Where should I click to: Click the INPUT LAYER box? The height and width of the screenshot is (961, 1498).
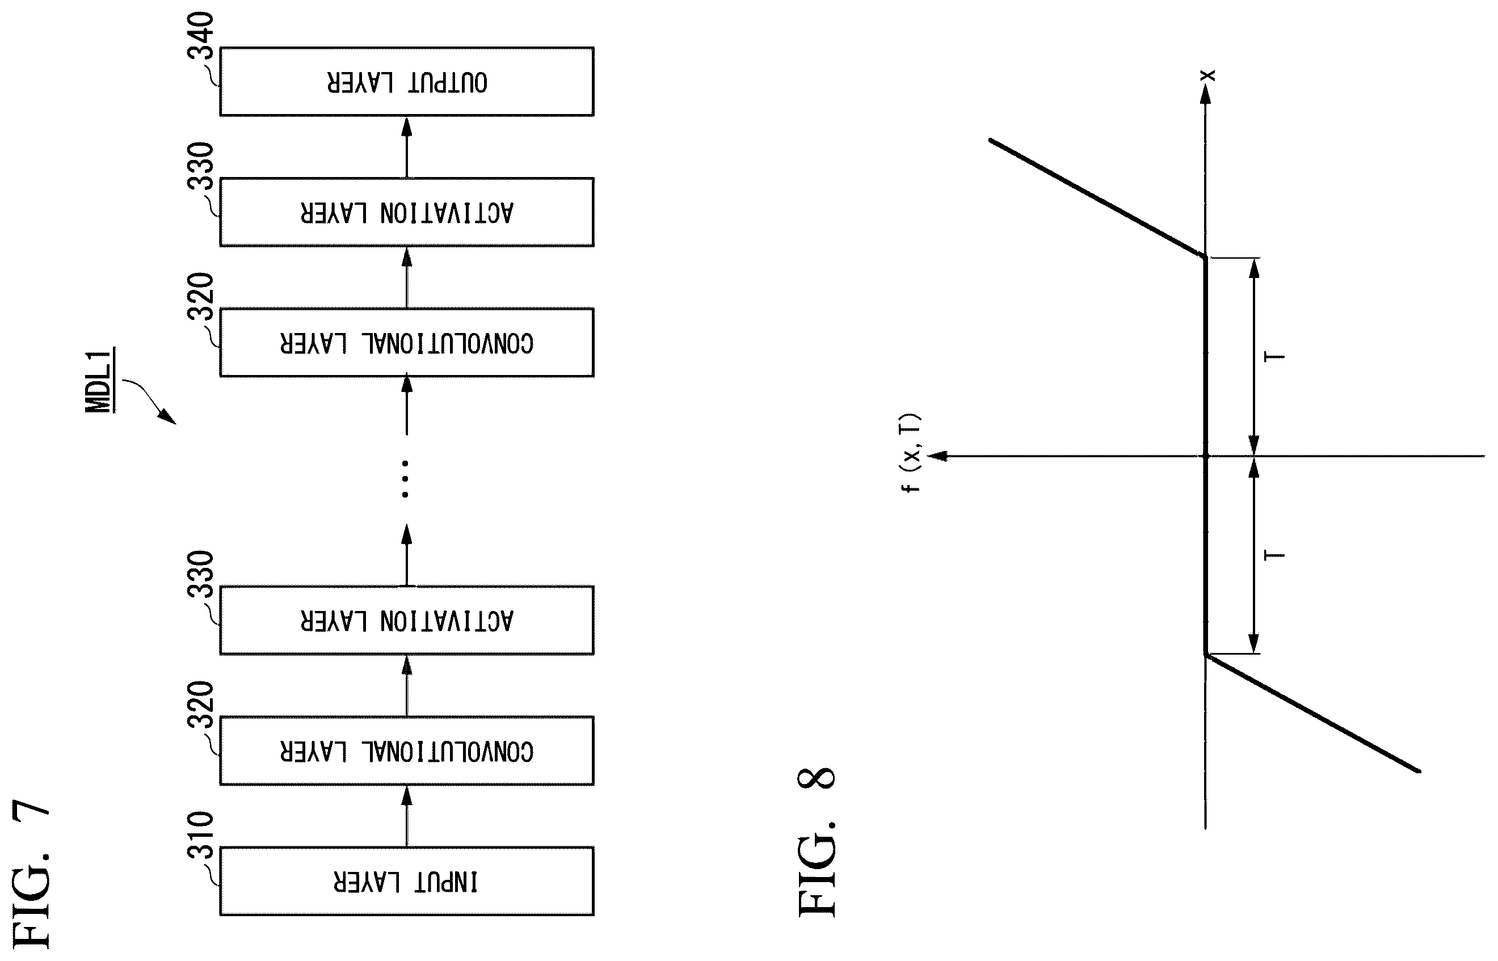[x=407, y=881]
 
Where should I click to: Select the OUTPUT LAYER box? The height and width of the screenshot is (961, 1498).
[x=407, y=82]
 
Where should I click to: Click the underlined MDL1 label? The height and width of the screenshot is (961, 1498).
[x=99, y=380]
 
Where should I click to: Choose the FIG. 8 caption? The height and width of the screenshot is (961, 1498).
[x=817, y=842]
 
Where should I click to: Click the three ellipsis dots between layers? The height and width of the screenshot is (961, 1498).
[x=405, y=479]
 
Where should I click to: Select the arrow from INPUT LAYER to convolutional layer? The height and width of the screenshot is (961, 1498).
[x=407, y=816]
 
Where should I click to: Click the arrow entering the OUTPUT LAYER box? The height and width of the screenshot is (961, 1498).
[x=407, y=147]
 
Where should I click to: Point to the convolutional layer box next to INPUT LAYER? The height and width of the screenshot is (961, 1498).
[x=407, y=750]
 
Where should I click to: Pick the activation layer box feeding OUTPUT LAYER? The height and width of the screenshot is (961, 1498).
[x=407, y=212]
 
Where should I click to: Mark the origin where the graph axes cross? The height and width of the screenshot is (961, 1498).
[x=1205, y=456]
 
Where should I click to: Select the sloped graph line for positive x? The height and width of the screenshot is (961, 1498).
[x=1097, y=199]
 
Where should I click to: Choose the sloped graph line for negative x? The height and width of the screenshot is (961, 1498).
[x=1313, y=713]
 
